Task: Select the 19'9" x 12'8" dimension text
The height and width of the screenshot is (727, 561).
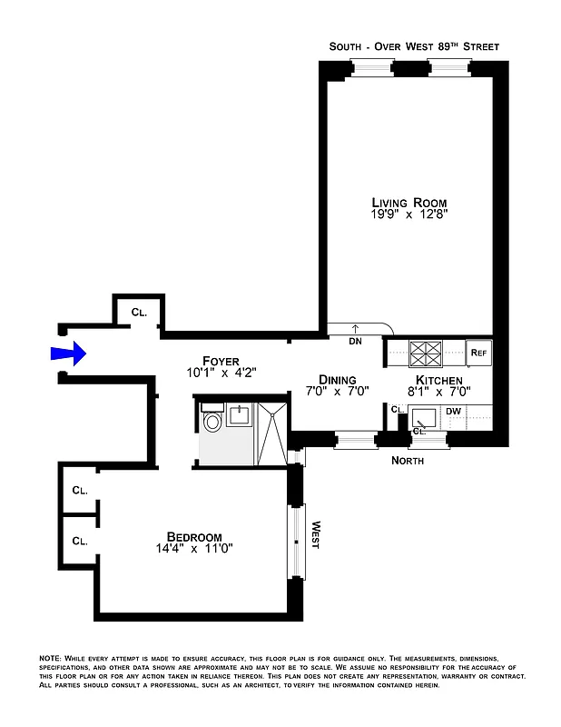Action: tap(409, 215)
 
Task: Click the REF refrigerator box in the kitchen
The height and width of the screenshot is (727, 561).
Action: tap(477, 351)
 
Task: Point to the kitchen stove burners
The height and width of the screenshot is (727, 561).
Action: tap(425, 351)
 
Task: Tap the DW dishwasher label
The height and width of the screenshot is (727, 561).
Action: tap(453, 412)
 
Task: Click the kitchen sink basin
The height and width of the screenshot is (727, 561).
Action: tap(423, 418)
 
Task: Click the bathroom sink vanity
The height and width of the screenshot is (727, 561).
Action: tap(239, 415)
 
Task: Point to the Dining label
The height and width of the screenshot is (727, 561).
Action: tap(337, 380)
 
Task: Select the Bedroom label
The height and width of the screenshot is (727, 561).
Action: tap(194, 536)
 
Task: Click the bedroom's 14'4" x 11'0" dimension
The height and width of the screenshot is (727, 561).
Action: tap(194, 549)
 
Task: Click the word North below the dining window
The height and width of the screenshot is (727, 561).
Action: tap(408, 461)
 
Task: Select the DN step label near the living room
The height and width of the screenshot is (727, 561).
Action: tap(355, 342)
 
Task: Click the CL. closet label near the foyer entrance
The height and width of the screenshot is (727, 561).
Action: tap(139, 312)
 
